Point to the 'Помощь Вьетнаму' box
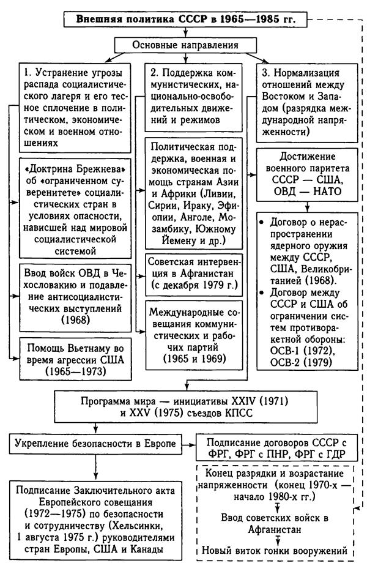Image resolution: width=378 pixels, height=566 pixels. pos(74,351)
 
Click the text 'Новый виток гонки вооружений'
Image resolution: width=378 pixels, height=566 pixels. pos(279,550)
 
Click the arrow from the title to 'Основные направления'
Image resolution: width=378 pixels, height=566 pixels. pos(187,32)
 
